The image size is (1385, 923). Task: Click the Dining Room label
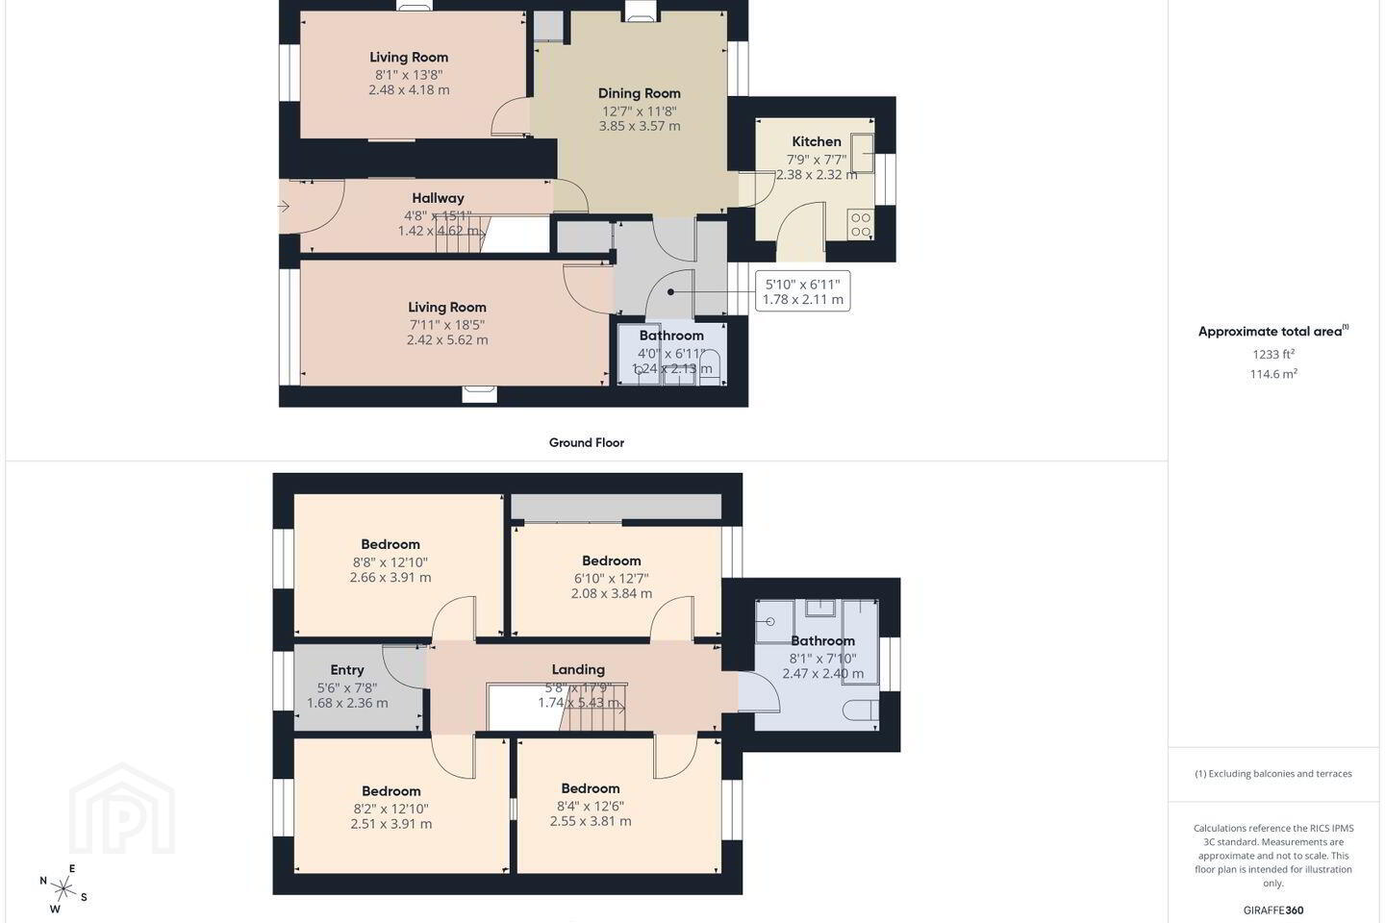point(640,93)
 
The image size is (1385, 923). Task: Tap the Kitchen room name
point(817,141)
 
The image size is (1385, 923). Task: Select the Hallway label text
point(438,198)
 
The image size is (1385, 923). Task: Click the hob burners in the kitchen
point(861,225)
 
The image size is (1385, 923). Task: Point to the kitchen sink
point(863,153)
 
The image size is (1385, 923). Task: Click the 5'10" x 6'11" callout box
point(802,291)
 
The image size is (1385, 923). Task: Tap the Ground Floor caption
point(586,442)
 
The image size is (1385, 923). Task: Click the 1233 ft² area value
point(1273,354)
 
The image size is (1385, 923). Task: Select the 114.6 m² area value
point(1273,374)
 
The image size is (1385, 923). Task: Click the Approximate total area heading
point(1273,332)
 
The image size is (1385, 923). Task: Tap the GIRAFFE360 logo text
point(1273,910)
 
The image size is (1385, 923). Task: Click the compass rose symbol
point(63,889)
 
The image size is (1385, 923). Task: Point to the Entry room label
point(347,670)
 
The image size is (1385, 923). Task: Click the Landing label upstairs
point(578,669)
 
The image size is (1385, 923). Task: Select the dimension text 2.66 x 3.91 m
point(390,578)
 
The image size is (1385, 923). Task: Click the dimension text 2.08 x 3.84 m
point(611,593)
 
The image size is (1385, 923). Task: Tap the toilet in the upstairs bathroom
point(861,711)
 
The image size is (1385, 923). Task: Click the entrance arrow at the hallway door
point(284,207)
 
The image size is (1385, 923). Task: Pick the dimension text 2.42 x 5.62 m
point(447,340)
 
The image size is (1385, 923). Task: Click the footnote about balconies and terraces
point(1273,773)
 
